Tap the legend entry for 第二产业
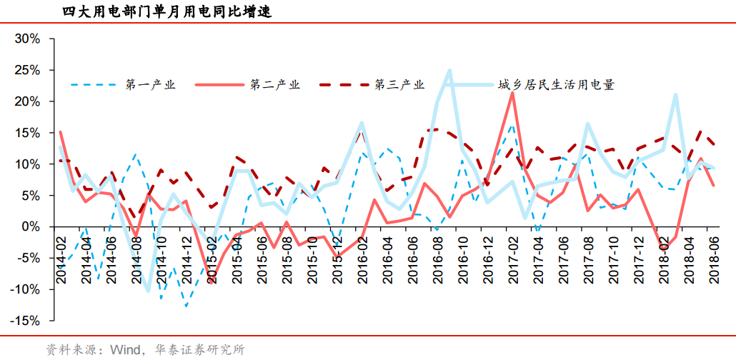point(275,84)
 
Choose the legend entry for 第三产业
point(399,84)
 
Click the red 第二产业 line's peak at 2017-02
point(512,93)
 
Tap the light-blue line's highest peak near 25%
point(449,70)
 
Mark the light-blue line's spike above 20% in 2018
point(675,94)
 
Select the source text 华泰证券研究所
point(199,349)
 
